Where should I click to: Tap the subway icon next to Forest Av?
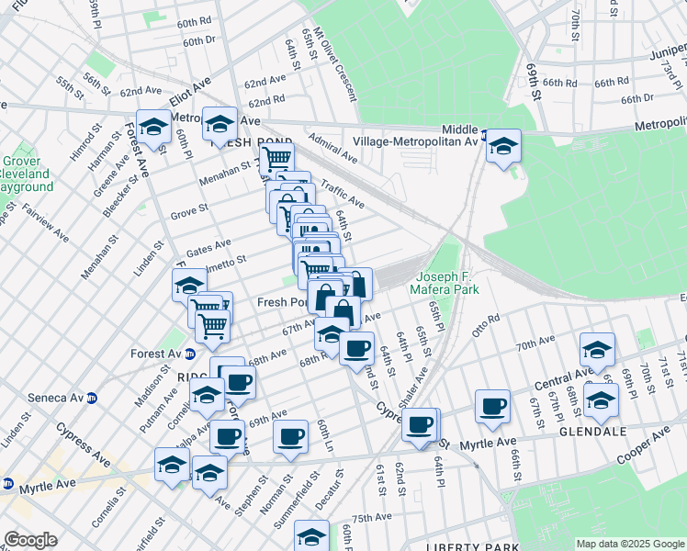pos(190,354)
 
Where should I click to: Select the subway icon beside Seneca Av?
pos(91,398)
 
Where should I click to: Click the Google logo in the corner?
pos(30,540)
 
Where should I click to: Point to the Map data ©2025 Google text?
pos(629,544)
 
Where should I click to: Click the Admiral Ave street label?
pos(333,152)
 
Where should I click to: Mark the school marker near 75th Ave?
pos(312,537)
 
